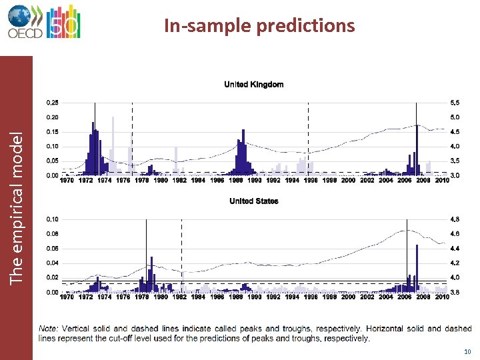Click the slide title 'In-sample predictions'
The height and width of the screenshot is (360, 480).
[x=259, y=25]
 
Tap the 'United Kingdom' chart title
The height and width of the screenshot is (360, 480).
[x=253, y=85]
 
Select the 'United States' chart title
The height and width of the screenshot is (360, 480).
[x=253, y=201]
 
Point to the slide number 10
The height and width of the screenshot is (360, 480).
[x=465, y=351]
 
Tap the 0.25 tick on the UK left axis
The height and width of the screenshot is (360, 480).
[x=51, y=103]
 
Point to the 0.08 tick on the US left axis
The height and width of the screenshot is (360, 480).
[x=51, y=234]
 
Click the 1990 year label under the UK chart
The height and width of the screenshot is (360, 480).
[x=255, y=180]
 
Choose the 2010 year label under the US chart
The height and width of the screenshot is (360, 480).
[x=442, y=297]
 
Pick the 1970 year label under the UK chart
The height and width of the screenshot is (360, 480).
[x=67, y=180]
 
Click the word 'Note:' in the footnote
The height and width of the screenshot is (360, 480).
[x=49, y=329]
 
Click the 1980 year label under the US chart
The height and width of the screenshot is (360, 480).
[x=161, y=297]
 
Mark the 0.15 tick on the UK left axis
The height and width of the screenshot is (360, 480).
[x=51, y=132]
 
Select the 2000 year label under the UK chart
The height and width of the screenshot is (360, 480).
[x=348, y=180]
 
